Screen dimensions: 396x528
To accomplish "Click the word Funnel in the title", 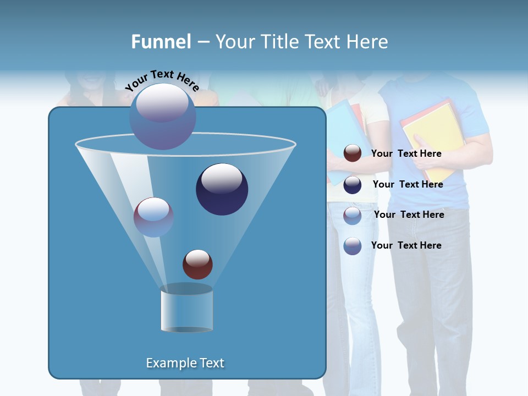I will [161, 42].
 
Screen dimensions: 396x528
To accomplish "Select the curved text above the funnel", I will [162, 80].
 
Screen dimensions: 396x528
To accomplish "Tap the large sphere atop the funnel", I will [162, 116].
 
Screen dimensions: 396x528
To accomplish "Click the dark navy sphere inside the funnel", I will [222, 189].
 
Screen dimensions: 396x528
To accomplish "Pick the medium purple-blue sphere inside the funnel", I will [153, 217].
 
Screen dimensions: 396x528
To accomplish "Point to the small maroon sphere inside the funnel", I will [197, 264].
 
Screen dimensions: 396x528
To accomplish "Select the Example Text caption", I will [185, 363].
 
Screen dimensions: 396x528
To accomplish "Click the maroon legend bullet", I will [353, 153].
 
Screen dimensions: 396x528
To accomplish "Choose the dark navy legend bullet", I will [353, 185].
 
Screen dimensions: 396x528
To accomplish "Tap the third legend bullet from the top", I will [353, 215].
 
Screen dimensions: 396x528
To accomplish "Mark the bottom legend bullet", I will [353, 246].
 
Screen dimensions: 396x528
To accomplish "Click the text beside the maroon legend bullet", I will [406, 154].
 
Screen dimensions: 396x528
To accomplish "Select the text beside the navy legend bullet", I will [408, 185].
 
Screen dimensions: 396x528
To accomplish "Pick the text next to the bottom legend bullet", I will [406, 245].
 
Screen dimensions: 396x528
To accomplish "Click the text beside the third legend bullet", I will [409, 215].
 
